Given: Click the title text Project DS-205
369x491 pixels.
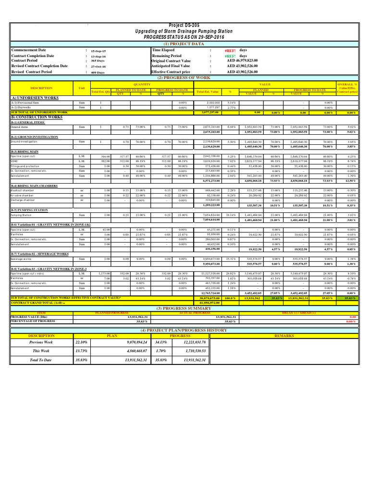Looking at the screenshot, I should click(184, 25).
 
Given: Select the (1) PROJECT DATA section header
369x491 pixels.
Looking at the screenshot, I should click(184, 44).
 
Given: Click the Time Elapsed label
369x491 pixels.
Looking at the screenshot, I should click(163, 50).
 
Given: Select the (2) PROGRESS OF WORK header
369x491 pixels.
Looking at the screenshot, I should click(184, 77).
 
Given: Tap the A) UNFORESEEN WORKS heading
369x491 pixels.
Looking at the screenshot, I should click(35, 98).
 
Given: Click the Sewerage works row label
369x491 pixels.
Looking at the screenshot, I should click(21, 258).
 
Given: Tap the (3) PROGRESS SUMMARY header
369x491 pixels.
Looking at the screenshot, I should click(184, 308).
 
